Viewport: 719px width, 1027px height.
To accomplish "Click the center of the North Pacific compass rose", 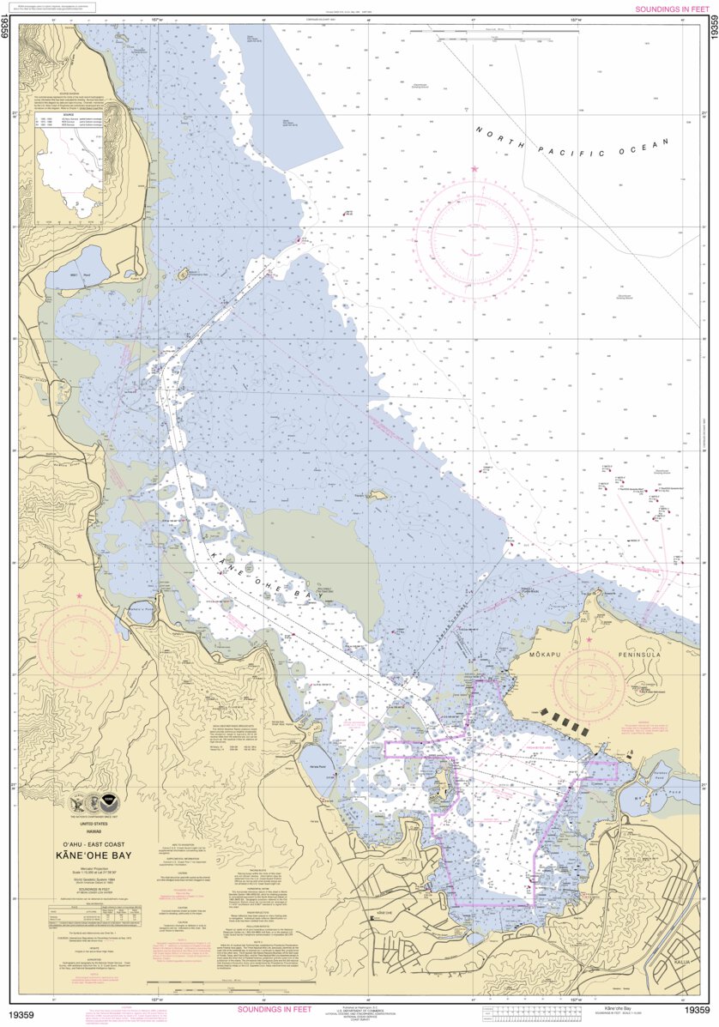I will point(475,234).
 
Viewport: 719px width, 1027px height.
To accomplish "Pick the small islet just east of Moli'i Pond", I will point(183,275).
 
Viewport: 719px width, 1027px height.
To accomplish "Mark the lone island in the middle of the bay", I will point(377,495).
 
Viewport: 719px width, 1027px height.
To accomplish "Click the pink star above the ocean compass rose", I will point(474,169).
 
